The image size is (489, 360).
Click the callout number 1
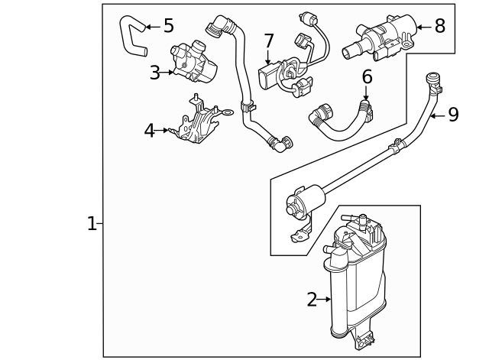coord(92,224)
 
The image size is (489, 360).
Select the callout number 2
coord(312,300)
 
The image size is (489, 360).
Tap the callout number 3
coord(154,73)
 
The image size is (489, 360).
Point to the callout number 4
coord(150,131)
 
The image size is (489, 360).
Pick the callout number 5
coord(169,26)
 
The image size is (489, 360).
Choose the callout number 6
coord(367,76)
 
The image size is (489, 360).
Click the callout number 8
coord(439,26)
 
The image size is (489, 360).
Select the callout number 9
coord(453,115)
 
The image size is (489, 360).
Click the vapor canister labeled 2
coord(355,283)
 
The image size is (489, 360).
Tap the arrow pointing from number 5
coord(152,27)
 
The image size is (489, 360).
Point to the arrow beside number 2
coord(325,300)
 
